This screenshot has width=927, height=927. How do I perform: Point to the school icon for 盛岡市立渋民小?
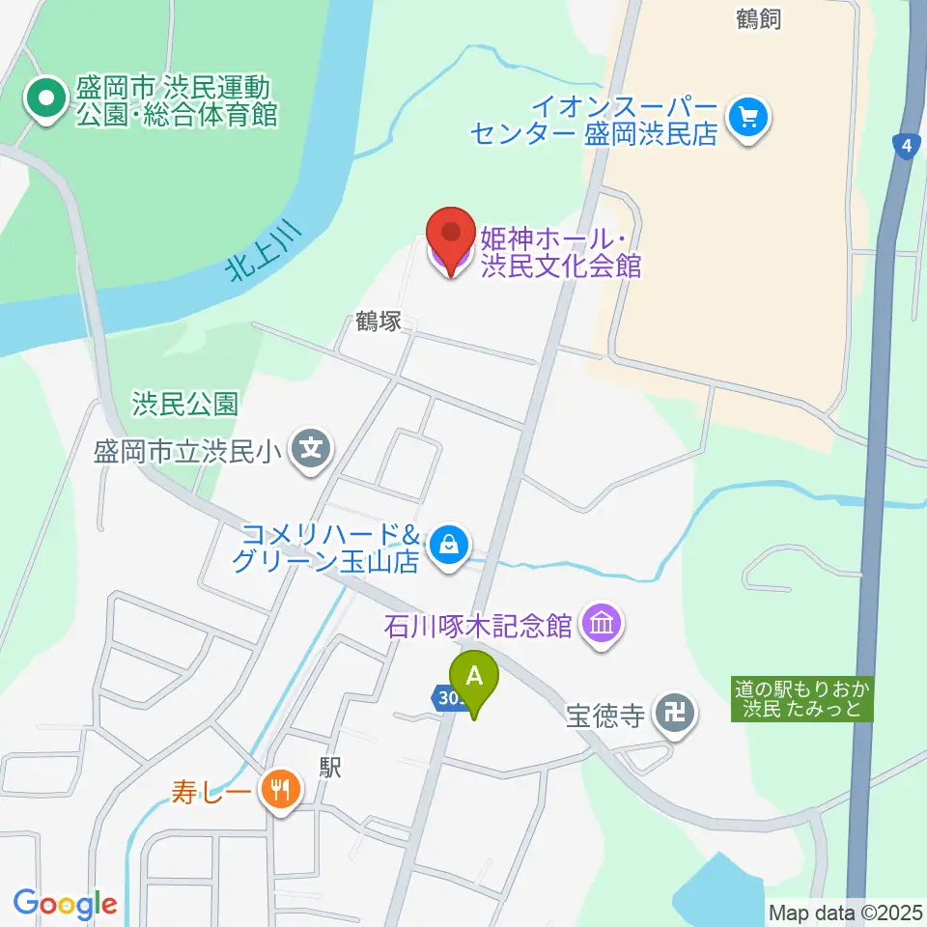click(312, 449)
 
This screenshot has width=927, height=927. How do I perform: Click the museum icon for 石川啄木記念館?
click(603, 625)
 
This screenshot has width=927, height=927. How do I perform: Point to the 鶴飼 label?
click(758, 18)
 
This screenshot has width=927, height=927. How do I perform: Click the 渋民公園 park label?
click(185, 404)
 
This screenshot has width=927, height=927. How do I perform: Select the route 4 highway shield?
click(904, 147)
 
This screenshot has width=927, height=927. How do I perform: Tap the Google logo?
click(65, 904)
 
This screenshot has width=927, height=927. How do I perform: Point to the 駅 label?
click(331, 767)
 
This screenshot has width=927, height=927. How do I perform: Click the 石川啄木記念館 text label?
click(478, 626)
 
